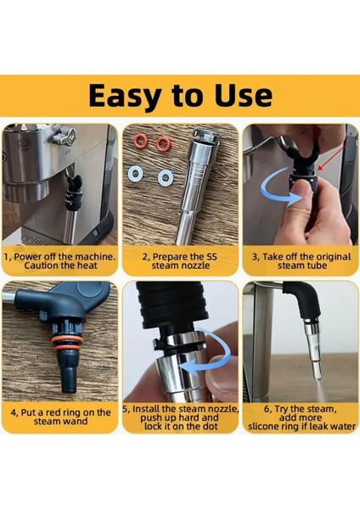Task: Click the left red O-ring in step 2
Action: pyautogui.click(x=140, y=142)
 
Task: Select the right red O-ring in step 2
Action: pyautogui.click(x=162, y=144)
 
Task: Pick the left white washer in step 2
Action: pyautogui.click(x=135, y=173)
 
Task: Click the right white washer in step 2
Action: pyautogui.click(x=166, y=177)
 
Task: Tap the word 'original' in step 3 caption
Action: pyautogui.click(x=331, y=257)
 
